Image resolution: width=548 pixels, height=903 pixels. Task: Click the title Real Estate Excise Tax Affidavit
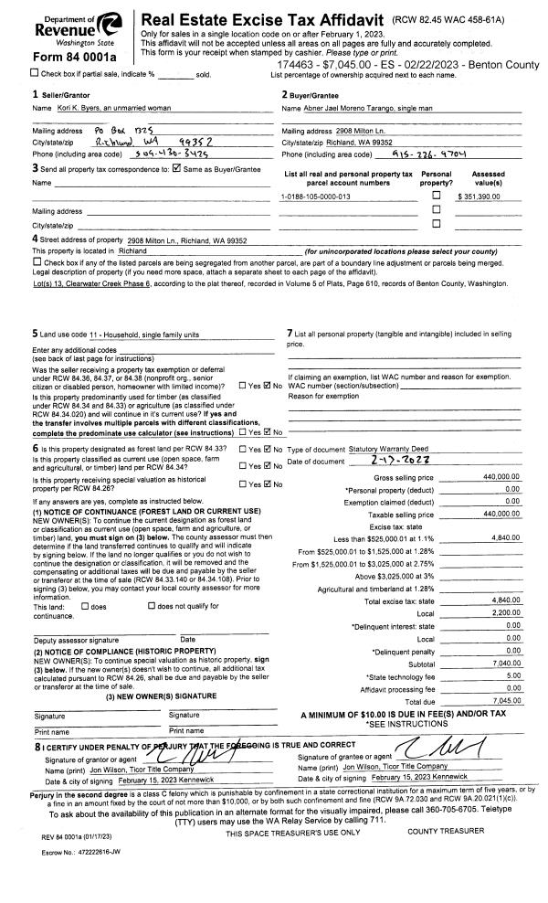point(261,19)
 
